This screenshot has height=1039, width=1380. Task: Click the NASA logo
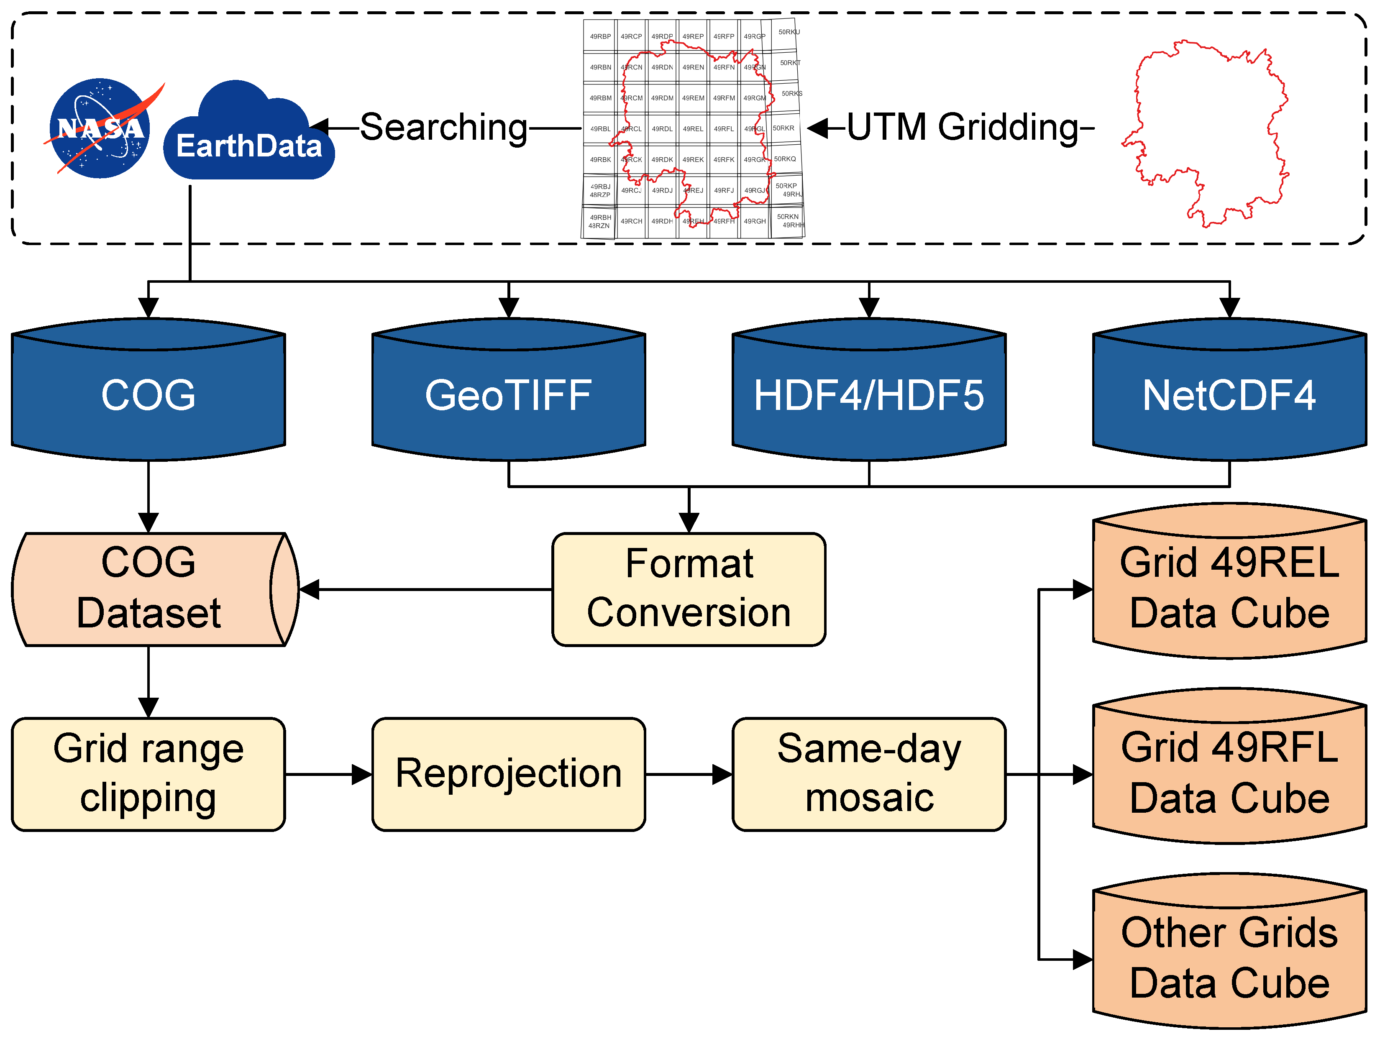(100, 128)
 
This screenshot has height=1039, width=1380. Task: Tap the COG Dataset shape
(148, 589)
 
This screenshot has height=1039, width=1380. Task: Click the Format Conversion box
(689, 589)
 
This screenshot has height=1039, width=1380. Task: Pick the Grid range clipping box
(148, 774)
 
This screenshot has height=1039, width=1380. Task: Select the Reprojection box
(508, 774)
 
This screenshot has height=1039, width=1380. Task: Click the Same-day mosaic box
(868, 774)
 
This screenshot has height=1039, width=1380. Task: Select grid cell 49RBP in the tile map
(600, 36)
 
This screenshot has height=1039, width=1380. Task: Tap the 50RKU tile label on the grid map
(789, 32)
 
